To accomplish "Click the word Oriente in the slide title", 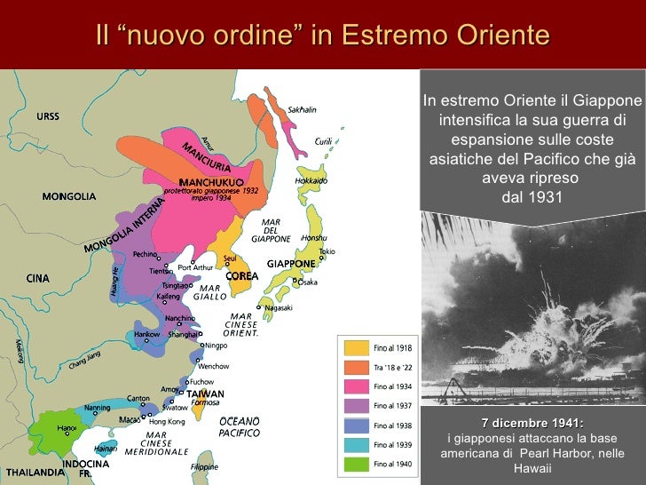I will [x=504, y=36].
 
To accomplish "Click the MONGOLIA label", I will [x=68, y=196].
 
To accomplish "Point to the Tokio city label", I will [x=327, y=251].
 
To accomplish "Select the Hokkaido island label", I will [x=311, y=180].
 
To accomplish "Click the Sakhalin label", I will [x=302, y=109].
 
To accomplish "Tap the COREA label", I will [x=242, y=276].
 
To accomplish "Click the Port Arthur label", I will [x=196, y=267].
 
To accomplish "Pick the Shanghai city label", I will [x=183, y=335].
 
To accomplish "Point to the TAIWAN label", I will [x=205, y=394].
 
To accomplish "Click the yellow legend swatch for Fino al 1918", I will [x=357, y=348].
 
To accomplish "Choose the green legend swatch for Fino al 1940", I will [x=357, y=464].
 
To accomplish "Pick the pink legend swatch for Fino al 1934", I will [x=357, y=386].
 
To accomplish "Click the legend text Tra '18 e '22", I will [x=393, y=368].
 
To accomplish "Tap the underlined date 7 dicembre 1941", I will [x=532, y=422].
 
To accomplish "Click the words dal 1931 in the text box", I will [x=532, y=196].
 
